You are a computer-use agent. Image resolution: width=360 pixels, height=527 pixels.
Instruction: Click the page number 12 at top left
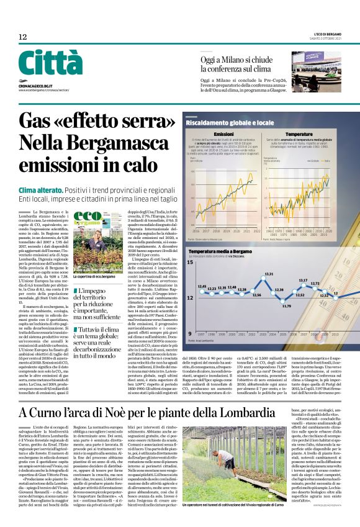[x=23, y=37]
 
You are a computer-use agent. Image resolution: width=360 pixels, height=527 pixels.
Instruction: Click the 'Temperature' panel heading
[x=299, y=134]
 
